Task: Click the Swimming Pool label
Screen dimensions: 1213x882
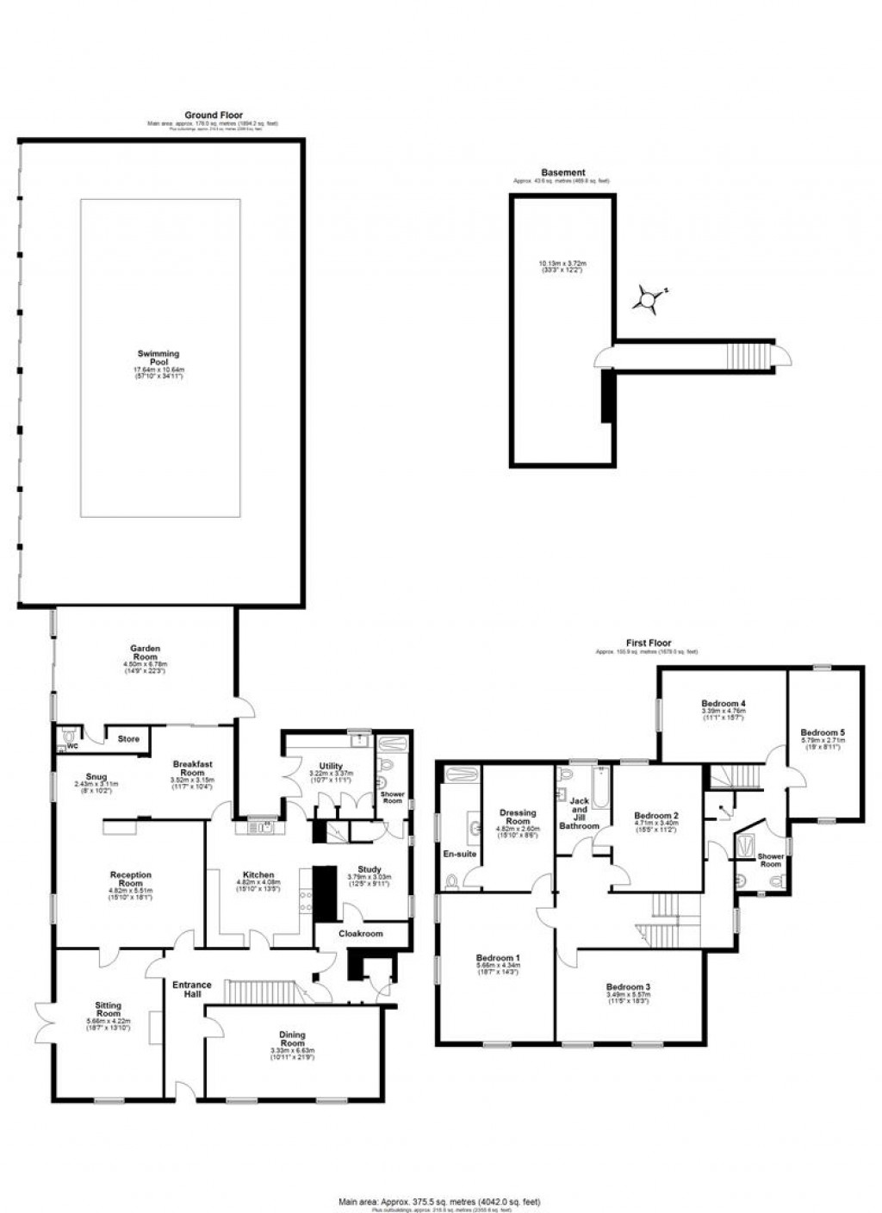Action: [x=158, y=358]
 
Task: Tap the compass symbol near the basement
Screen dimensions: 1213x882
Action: [x=647, y=299]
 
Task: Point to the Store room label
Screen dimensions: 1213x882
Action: [x=128, y=739]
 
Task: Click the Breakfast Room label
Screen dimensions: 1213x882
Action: [x=192, y=768]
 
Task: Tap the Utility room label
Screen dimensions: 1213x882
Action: [x=331, y=766]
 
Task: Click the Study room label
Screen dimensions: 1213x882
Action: [x=369, y=870]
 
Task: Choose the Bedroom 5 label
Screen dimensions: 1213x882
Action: [x=823, y=732]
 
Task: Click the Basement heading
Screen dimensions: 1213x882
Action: [x=562, y=173]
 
